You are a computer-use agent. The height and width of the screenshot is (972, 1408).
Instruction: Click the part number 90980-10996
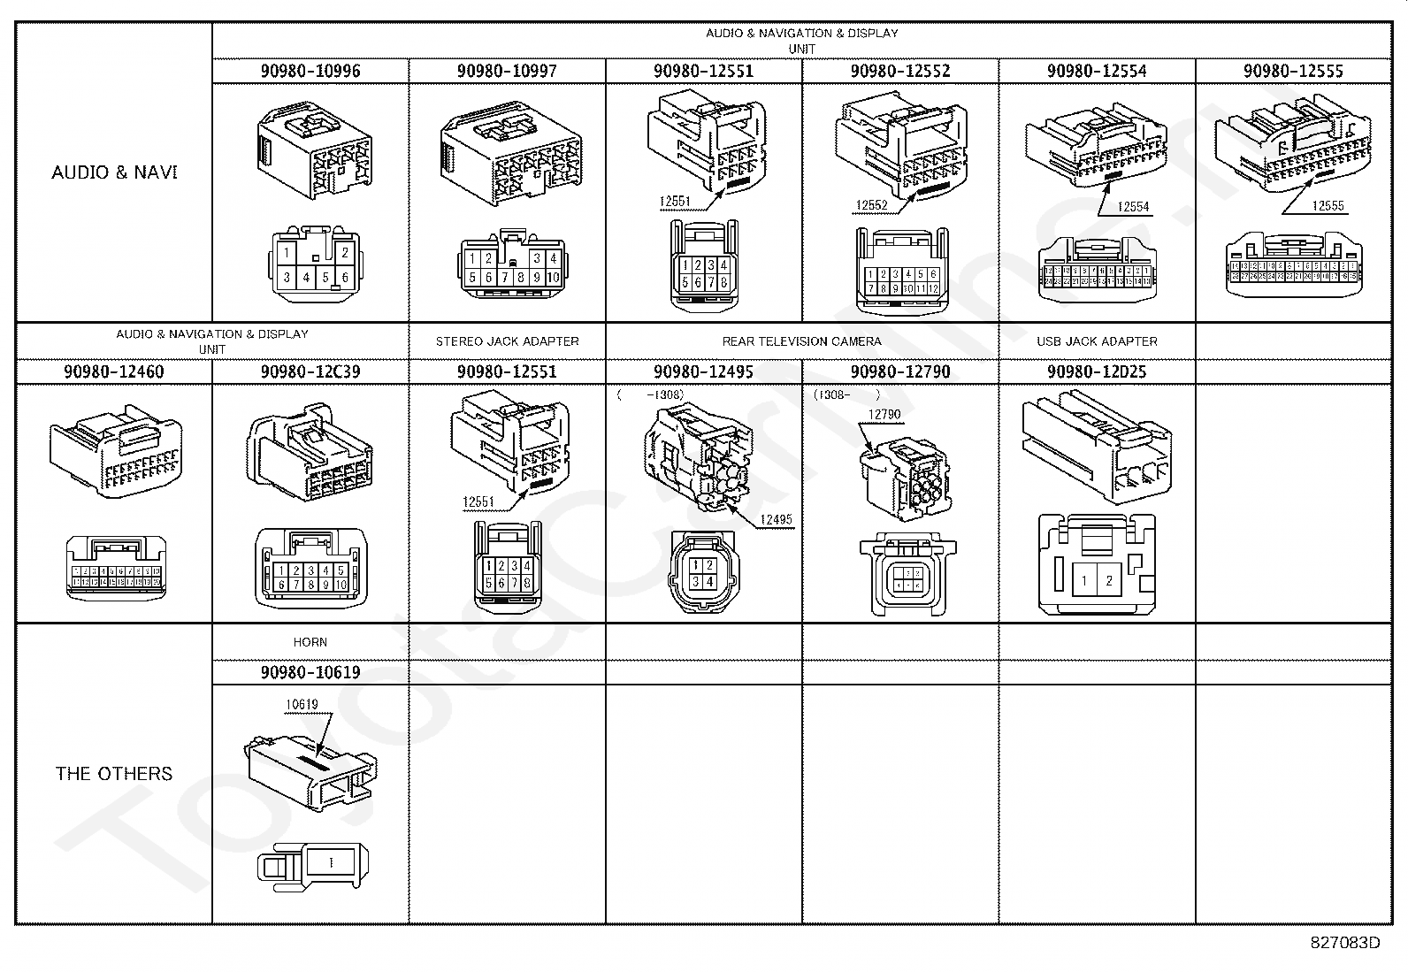[310, 71]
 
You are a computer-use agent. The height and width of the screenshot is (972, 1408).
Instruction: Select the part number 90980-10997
[507, 71]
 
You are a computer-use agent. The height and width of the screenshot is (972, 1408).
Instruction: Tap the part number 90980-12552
[900, 71]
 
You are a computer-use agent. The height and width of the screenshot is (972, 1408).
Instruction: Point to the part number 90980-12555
[1293, 71]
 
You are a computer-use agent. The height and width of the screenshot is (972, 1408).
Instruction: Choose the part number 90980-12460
[113, 371]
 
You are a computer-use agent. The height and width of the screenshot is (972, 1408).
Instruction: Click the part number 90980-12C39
[310, 371]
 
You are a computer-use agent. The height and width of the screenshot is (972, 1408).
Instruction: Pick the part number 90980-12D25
[1097, 371]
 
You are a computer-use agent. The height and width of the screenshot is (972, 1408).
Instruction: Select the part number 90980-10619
[310, 672]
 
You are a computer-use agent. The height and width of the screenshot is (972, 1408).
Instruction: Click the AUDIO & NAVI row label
[114, 172]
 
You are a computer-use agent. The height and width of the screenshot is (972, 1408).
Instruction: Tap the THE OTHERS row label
[114, 774]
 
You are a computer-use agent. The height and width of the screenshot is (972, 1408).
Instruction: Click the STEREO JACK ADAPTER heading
[507, 341]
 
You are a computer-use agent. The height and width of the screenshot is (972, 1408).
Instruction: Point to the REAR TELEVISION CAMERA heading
[801, 341]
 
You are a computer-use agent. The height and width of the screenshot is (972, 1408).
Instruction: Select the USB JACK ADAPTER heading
[1097, 341]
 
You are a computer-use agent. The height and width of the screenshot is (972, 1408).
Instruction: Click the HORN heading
[310, 642]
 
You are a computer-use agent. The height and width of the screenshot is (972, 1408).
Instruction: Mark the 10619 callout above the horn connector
[302, 705]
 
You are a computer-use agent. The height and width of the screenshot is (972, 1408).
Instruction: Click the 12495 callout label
[776, 519]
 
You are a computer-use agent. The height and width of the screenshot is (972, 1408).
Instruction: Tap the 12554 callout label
[1133, 207]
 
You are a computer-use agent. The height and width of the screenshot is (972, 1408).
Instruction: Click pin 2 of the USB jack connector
[1109, 581]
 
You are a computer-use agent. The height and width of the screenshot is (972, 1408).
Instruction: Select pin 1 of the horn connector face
[331, 861]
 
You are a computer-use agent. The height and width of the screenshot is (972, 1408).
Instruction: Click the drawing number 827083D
[1344, 943]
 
